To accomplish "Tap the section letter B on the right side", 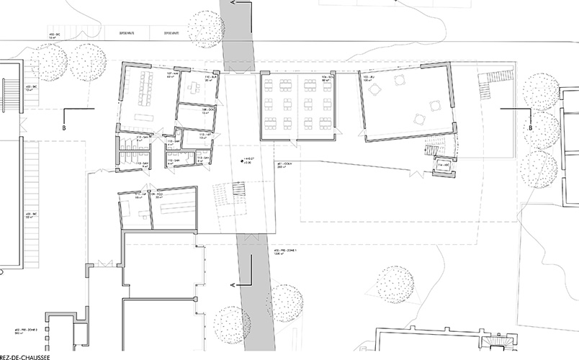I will pyautogui.click(x=530, y=128).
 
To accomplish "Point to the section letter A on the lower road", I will pyautogui.click(x=232, y=287).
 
